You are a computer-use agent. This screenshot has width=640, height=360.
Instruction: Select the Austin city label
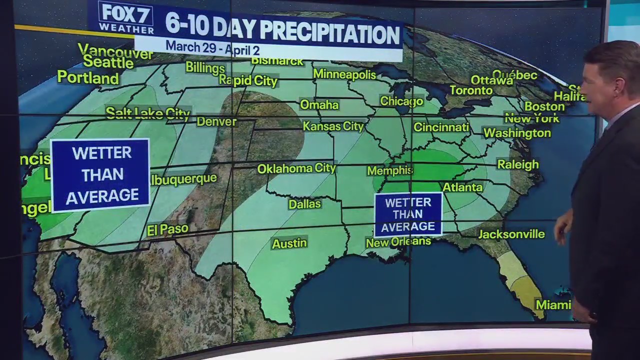pyautogui.click(x=289, y=243)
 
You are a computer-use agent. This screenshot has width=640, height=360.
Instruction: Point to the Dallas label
pyautogui.click(x=304, y=204)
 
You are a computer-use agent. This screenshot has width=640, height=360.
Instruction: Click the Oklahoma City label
pyautogui.click(x=296, y=168)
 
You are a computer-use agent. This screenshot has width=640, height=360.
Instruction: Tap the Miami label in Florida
pyautogui.click(x=553, y=304)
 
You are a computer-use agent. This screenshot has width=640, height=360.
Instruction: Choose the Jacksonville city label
pyautogui.click(x=511, y=234)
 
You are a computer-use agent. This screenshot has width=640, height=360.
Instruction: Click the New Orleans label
pyautogui.click(x=398, y=242)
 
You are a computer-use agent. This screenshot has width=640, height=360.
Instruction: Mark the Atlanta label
pyautogui.click(x=462, y=187)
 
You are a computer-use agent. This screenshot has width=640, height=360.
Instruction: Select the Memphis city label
pyautogui.click(x=389, y=171)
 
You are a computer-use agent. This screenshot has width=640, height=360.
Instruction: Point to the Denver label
pyautogui.click(x=216, y=121)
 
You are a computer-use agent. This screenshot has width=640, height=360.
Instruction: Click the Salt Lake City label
pyautogui.click(x=148, y=113)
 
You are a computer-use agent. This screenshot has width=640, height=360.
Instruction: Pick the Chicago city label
pyautogui.click(x=401, y=101)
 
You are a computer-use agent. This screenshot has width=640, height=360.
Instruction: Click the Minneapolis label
pyautogui.click(x=344, y=74)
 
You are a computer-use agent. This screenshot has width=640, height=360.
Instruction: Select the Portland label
pyautogui.click(x=88, y=78)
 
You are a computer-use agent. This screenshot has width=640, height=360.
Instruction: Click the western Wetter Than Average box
pyautogui.click(x=100, y=175)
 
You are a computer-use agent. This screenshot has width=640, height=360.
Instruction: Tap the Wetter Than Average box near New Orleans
pyautogui.click(x=408, y=214)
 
